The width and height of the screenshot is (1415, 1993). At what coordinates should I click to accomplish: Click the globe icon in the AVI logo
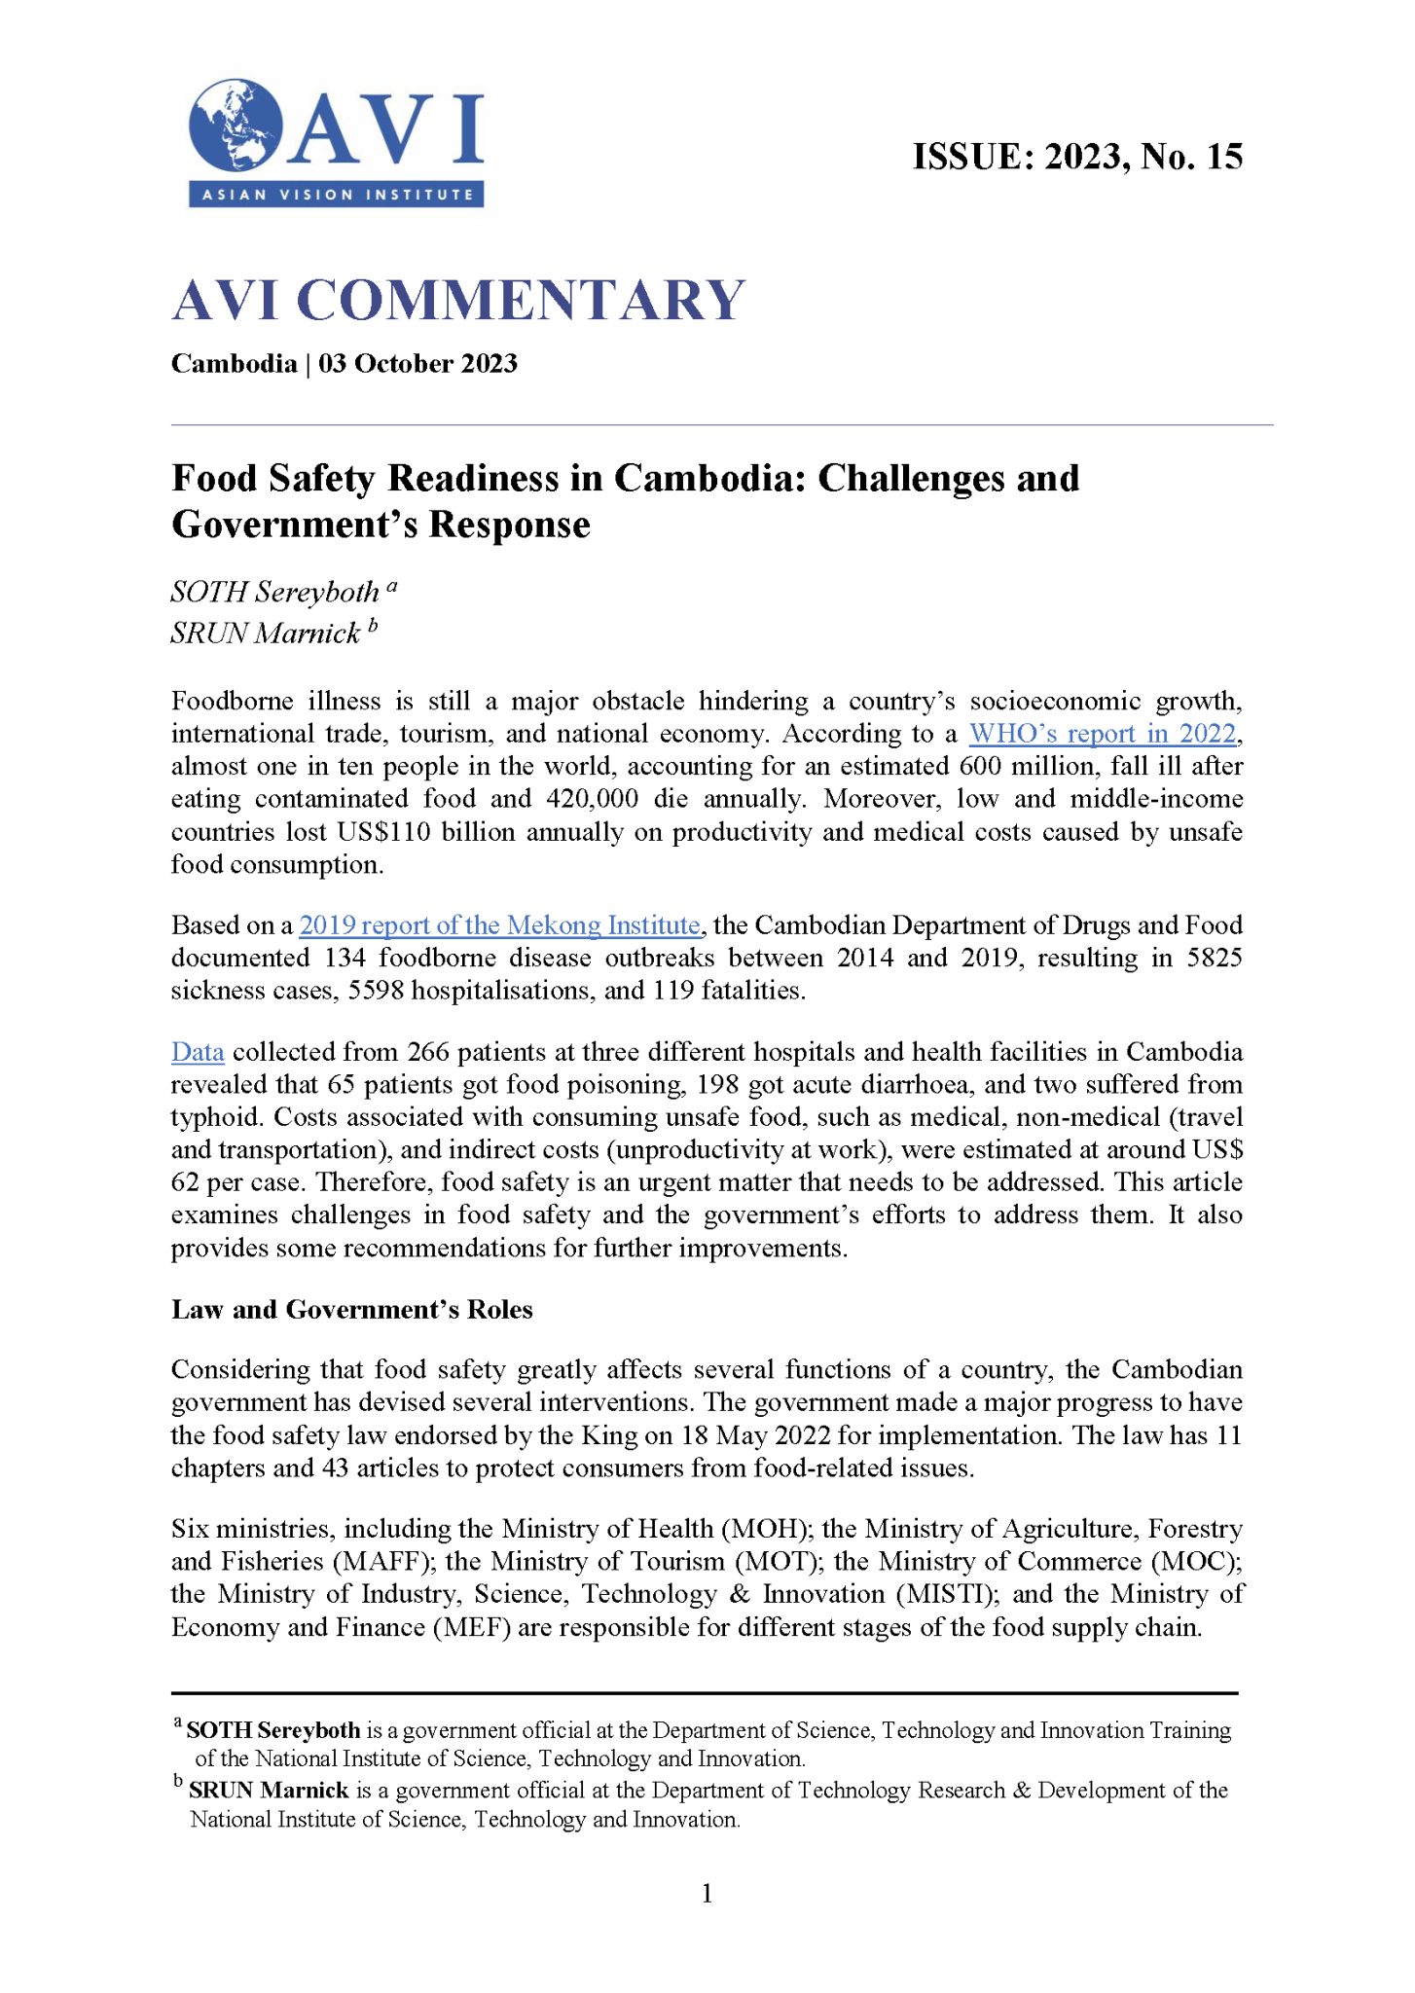tap(235, 126)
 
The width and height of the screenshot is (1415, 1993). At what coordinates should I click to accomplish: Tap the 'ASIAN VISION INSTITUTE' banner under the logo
tap(337, 195)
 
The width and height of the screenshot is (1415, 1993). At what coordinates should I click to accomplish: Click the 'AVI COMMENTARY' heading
tap(458, 300)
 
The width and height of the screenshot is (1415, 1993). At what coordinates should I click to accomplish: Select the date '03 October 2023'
tap(417, 364)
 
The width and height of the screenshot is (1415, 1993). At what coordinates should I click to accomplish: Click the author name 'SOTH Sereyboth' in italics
tap(275, 592)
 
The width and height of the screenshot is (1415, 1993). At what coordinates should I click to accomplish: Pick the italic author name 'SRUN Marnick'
tap(266, 634)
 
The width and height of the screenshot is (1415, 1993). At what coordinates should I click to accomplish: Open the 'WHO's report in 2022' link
tap(1102, 734)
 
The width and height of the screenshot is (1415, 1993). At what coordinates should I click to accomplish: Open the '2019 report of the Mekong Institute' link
tap(499, 924)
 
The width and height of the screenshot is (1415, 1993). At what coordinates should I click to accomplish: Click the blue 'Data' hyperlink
tap(198, 1052)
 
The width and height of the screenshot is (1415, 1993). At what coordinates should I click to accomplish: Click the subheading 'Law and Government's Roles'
tap(352, 1310)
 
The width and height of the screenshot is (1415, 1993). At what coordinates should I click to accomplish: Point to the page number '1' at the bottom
tap(707, 1893)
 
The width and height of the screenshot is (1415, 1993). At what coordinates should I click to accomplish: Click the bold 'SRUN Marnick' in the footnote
tap(269, 1791)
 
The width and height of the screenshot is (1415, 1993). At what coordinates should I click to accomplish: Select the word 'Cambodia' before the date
tap(234, 364)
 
